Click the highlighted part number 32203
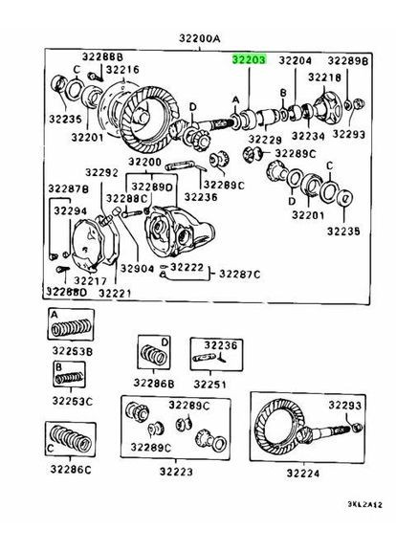[250, 59]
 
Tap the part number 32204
[296, 60]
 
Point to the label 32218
[324, 76]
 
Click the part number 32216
[121, 70]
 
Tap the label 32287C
[238, 274]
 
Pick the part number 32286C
[71, 470]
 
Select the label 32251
[212, 384]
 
